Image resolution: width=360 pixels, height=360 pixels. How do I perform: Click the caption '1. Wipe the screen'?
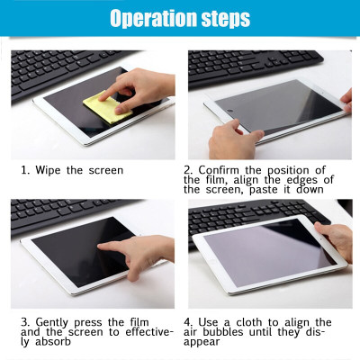click(x=73, y=169)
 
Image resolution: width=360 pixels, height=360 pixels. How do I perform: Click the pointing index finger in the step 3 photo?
click(x=112, y=246)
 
